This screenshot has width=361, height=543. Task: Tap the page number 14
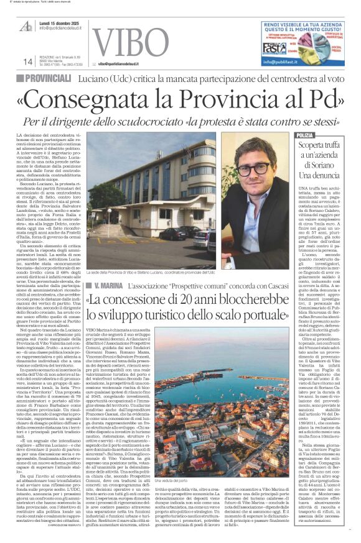[x=28, y=62]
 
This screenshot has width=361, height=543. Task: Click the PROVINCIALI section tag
[x=50, y=78]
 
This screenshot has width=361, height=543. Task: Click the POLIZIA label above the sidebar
[x=305, y=135]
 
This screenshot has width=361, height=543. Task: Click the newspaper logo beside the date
[x=27, y=25]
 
